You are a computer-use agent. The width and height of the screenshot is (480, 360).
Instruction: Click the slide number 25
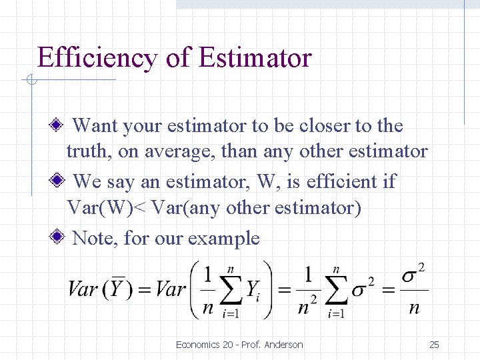click(435, 345)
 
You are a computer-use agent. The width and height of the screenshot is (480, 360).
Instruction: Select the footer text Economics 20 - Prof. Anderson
click(239, 345)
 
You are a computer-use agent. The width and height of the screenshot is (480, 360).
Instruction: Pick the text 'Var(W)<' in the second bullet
click(107, 208)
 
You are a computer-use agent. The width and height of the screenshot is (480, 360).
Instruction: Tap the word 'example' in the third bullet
click(224, 238)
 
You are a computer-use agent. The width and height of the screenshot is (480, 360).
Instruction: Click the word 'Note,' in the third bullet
click(95, 238)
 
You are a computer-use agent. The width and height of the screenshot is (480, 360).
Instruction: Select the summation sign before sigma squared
click(337, 289)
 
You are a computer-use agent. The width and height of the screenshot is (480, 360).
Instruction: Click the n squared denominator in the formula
click(308, 307)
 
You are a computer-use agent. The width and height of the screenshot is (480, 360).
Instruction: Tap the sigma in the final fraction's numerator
click(409, 274)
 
